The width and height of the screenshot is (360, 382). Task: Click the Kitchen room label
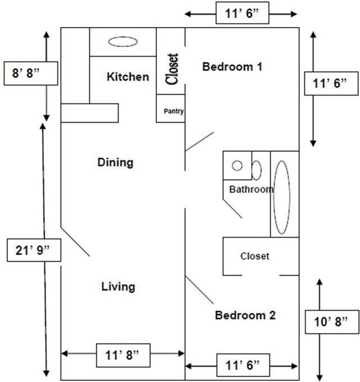pyautogui.click(x=128, y=77)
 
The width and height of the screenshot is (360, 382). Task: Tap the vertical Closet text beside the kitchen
pyautogui.click(x=172, y=69)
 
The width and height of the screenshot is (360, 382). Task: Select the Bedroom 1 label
pyautogui.click(x=233, y=67)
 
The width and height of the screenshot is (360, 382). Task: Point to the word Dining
pyautogui.click(x=115, y=163)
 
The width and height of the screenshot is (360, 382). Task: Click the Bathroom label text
pyautogui.click(x=251, y=189)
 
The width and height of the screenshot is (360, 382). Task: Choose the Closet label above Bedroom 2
pyautogui.click(x=255, y=256)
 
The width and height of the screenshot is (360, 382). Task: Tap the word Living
pyautogui.click(x=118, y=286)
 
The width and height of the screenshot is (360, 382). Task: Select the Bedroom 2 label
pyautogui.click(x=245, y=315)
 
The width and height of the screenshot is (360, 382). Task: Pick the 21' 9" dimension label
pyautogui.click(x=34, y=250)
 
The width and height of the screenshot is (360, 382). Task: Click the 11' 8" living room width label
pyautogui.click(x=122, y=354)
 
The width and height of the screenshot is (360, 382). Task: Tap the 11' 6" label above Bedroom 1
pyautogui.click(x=242, y=13)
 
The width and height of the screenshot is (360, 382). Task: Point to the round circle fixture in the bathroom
pyautogui.click(x=237, y=166)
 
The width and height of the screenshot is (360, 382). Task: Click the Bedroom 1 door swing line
pyautogui.click(x=200, y=141)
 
